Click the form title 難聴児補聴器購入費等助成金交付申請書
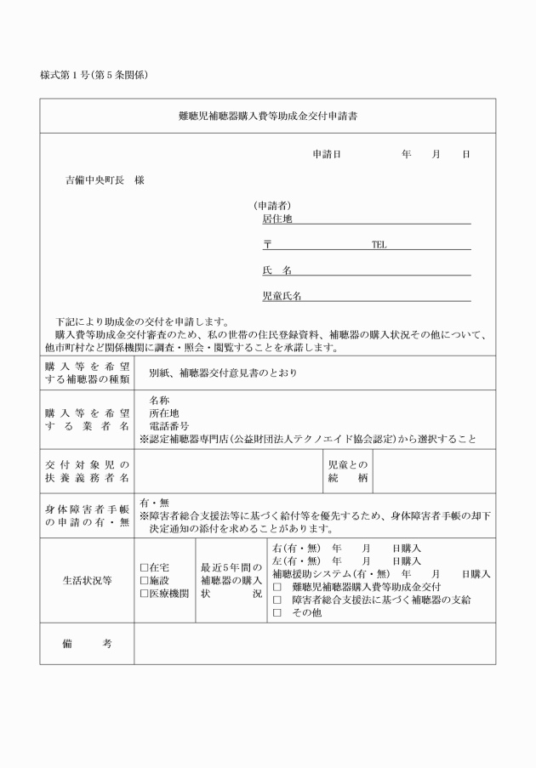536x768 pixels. tap(268, 117)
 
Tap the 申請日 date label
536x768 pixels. tap(327, 155)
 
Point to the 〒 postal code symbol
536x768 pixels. tap(267, 245)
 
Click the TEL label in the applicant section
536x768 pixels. tap(379, 245)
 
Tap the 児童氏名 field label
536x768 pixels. tap(282, 296)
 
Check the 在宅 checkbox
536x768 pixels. tap(144, 567)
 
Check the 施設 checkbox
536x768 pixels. tap(144, 580)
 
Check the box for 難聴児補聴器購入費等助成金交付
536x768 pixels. tap(277, 587)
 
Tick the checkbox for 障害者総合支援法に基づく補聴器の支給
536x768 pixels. tap(277, 600)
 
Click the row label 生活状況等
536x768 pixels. tap(87, 580)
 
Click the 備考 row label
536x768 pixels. tap(87, 644)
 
